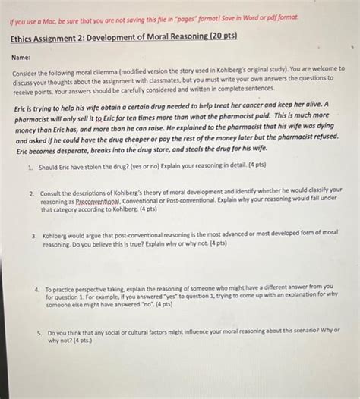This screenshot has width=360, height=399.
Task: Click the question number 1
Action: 28,165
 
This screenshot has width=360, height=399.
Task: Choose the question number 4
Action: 36,289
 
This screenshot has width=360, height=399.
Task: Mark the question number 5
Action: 39,332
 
